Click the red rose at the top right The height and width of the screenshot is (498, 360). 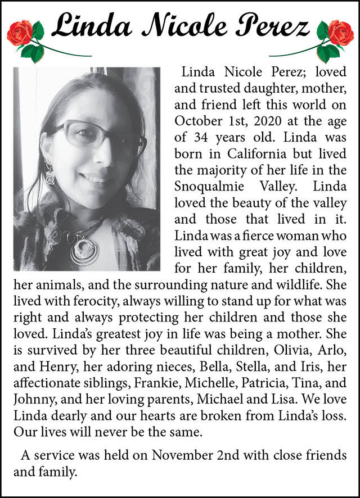[x=340, y=32]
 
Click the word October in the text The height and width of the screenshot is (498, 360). [x=197, y=120]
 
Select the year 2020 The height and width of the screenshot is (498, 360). [x=257, y=120]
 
